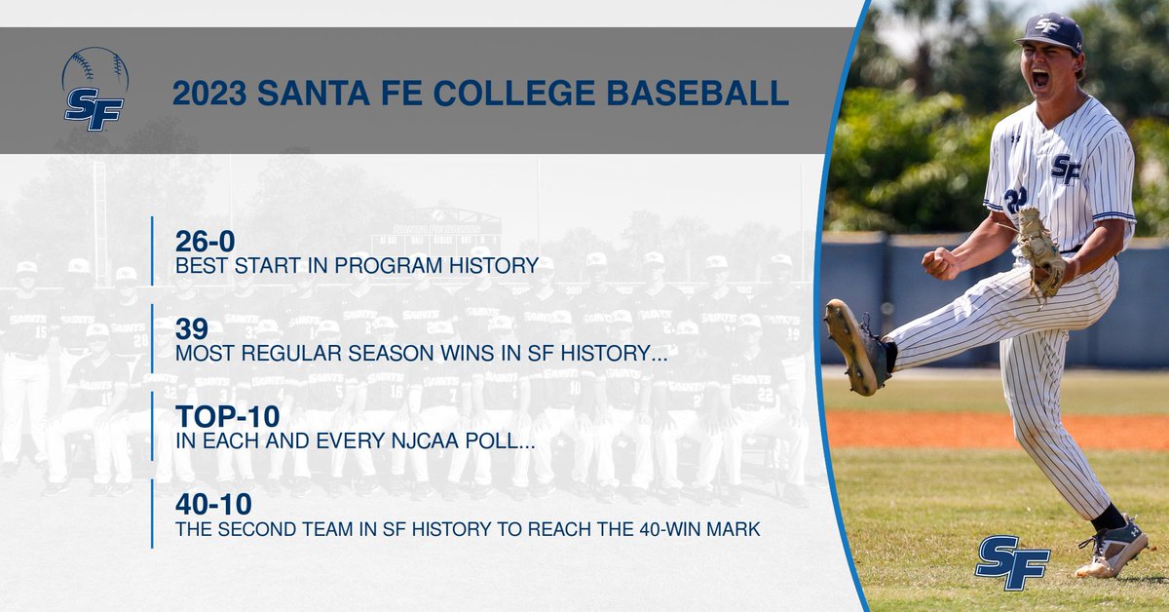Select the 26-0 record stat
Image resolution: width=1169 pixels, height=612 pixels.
206,241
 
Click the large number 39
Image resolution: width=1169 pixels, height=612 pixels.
192,328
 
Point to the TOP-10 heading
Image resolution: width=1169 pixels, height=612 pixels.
227,416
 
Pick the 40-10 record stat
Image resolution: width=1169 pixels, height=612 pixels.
213,504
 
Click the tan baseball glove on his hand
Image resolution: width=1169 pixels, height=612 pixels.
1039,250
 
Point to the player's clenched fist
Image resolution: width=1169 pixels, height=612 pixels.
939,262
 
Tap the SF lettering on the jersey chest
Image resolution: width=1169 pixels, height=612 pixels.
1066,169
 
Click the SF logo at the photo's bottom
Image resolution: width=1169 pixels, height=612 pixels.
1012,562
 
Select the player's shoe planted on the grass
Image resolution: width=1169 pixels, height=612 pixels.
1112,548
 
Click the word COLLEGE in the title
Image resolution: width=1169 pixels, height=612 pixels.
512,93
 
